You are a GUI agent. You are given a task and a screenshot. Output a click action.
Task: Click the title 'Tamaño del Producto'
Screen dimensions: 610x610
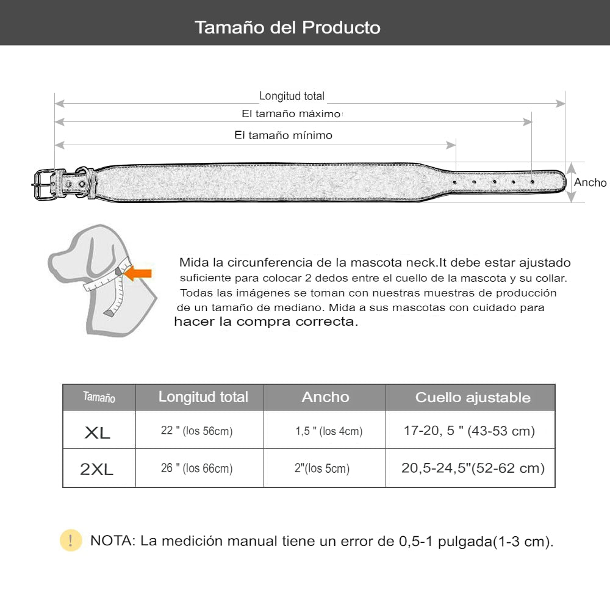(x=287, y=27)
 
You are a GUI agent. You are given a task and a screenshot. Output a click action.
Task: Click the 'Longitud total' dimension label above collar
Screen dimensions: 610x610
(x=292, y=96)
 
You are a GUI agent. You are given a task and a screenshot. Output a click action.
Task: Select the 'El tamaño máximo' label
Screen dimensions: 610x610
(x=291, y=114)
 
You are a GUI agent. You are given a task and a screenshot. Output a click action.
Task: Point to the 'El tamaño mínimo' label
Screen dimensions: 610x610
(x=283, y=135)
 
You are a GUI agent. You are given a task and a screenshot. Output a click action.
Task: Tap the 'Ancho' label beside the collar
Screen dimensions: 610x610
(x=590, y=182)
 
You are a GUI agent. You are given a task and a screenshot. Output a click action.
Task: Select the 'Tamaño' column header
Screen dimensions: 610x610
(x=99, y=398)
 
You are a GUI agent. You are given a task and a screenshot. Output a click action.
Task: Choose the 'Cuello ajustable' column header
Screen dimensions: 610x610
(x=473, y=398)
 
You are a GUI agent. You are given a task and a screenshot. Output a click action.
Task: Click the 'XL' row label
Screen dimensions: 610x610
(x=98, y=432)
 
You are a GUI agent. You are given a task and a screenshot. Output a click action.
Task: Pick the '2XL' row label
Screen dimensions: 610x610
(x=97, y=469)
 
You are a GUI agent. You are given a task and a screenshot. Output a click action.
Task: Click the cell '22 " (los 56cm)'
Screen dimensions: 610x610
(x=196, y=431)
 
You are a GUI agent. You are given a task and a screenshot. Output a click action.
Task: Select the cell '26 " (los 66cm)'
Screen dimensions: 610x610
(x=196, y=468)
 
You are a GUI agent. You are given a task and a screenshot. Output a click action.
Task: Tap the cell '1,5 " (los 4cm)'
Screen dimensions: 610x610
(x=329, y=431)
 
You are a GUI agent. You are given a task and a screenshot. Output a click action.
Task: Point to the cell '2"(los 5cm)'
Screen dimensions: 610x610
(x=321, y=468)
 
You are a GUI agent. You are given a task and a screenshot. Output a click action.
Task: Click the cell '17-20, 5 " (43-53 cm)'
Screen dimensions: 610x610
(x=469, y=431)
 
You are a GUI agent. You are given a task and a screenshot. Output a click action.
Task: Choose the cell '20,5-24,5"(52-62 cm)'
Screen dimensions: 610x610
(x=473, y=468)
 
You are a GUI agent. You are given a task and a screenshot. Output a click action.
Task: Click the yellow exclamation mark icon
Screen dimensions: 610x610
(x=71, y=540)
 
